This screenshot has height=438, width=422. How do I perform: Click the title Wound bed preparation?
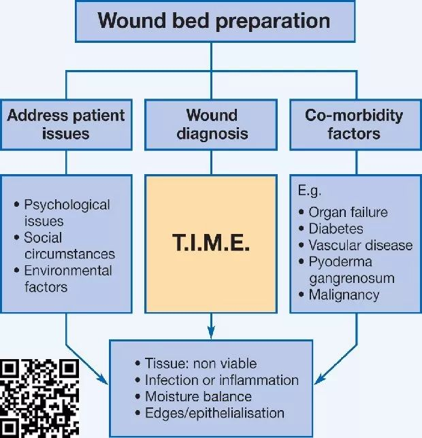pyautogui.click(x=214, y=21)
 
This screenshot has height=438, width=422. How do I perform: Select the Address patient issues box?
pyautogui.click(x=66, y=124)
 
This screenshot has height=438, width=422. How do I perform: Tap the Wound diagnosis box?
pyautogui.click(x=211, y=124)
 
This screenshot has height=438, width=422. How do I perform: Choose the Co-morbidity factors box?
pyautogui.click(x=356, y=124)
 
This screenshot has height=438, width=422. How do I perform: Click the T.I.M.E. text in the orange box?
pyautogui.click(x=211, y=242)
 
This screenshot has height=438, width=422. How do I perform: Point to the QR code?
pyautogui.click(x=39, y=399)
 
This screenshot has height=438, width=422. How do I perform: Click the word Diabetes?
pyautogui.click(x=336, y=229)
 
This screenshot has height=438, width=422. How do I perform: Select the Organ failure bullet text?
pyautogui.click(x=348, y=212)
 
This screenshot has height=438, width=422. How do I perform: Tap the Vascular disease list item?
pyautogui.click(x=361, y=246)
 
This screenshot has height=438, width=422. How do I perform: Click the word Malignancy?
pyautogui.click(x=344, y=295)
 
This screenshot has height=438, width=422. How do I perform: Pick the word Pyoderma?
pyautogui.click(x=340, y=262)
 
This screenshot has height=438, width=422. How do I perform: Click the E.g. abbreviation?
pyautogui.click(x=310, y=191)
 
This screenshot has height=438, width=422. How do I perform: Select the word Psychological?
pyautogui.click(x=67, y=205)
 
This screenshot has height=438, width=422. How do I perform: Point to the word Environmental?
pyautogui.click(x=68, y=271)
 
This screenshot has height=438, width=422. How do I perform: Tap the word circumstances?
pyautogui.click(x=69, y=254)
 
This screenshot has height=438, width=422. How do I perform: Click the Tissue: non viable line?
pyautogui.click(x=201, y=363)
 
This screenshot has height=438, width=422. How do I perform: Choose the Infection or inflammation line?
pyautogui.click(x=222, y=380)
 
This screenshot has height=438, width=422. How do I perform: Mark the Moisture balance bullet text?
pyautogui.click(x=198, y=397)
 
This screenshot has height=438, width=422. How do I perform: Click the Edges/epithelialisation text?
pyautogui.click(x=214, y=413)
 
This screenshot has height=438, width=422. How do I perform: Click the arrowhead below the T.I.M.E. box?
pyautogui.click(x=211, y=332)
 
